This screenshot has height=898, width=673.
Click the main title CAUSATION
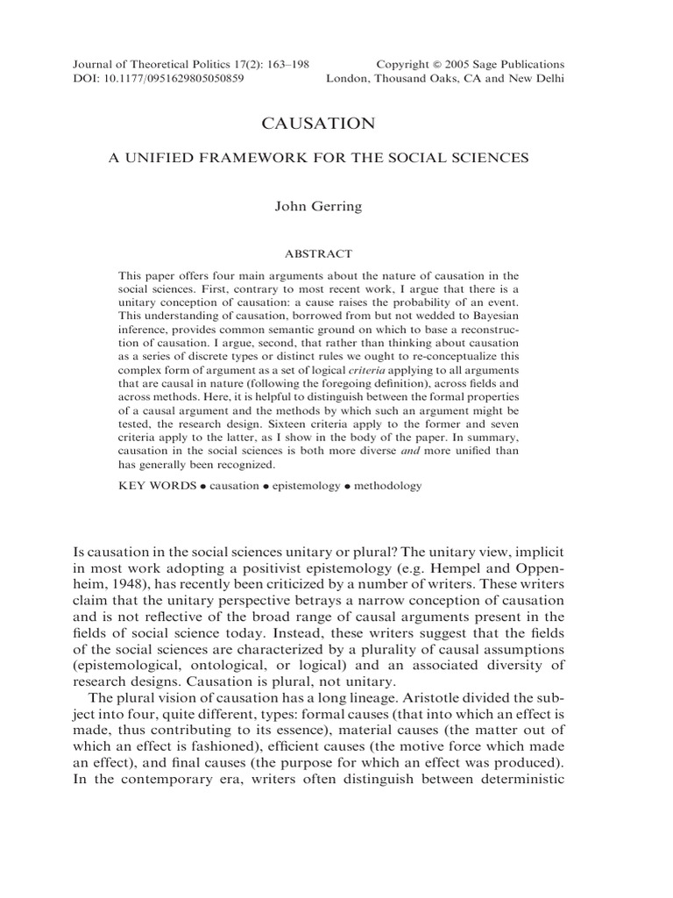336,125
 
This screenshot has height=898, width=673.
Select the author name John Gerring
336,207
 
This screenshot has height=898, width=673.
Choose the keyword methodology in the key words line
386,485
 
